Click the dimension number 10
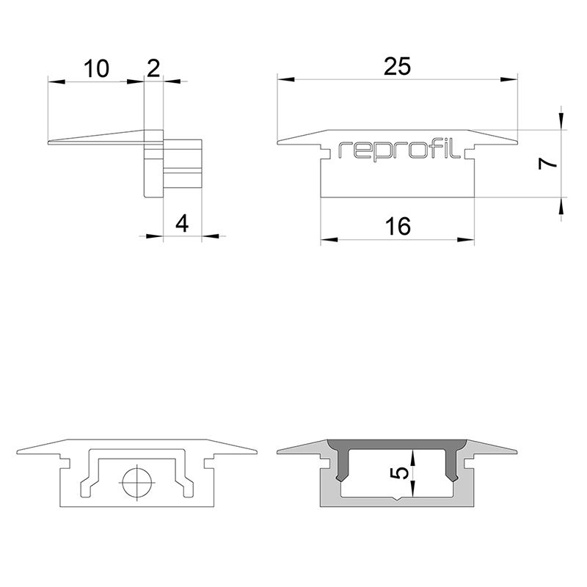point(96,69)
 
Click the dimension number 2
point(153,68)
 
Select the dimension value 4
point(182,224)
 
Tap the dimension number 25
point(398,67)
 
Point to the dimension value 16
point(398,227)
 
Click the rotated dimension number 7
point(547,164)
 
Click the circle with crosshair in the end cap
point(137,483)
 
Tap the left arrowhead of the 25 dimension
point(285,79)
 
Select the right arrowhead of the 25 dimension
point(509,79)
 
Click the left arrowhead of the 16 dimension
point(329,240)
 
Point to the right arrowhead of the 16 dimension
point(466,240)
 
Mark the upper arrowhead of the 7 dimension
point(561,121)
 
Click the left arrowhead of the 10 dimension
point(56,81)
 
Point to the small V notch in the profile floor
point(398,500)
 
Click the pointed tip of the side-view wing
point(48,142)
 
